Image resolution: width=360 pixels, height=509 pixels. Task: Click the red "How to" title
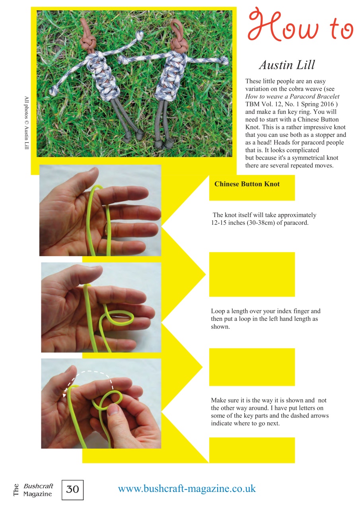[x=300, y=26]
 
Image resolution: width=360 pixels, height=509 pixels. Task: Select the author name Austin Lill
[x=287, y=65]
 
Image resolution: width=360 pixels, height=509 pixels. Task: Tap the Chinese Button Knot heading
[x=247, y=184]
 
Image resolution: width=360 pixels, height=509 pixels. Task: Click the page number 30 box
[x=72, y=490]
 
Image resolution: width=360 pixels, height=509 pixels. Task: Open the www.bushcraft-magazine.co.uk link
[x=187, y=489]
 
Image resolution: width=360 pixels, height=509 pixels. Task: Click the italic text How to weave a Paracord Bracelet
[x=292, y=97]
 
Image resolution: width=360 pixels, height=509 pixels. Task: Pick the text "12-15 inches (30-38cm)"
[x=243, y=223]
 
